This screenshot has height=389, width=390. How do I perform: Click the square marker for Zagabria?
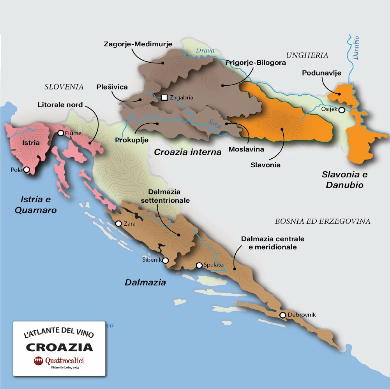pos(164,97)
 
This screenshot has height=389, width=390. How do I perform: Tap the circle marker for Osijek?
pos(342,110)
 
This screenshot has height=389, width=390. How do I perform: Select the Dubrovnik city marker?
pos(283,315)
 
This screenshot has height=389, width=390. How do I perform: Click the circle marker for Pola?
pos(26,170)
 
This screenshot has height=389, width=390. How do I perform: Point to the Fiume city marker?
pos(61,133)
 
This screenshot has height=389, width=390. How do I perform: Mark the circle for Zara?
pos(119,224)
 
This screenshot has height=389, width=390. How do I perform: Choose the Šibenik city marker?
pos(166,260)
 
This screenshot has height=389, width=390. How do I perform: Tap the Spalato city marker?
pos(199,265)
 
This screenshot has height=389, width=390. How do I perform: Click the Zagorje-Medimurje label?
pos(138,44)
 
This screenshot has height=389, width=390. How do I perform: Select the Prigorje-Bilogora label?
pos(256,62)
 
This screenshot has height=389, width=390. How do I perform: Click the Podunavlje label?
pos(321,73)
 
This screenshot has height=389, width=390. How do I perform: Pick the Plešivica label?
pos(112,87)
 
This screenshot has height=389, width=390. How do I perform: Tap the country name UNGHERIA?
pos(307,55)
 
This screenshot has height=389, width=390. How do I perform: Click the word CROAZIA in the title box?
pos(59,347)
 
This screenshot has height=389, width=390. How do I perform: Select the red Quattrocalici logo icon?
pos(39,361)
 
